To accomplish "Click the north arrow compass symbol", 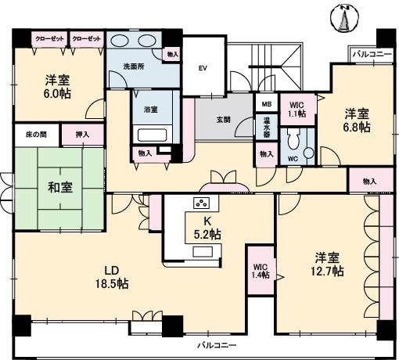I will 341,19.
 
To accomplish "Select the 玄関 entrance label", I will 224,119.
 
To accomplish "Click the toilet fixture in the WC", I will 294,142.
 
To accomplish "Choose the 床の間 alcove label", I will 36,135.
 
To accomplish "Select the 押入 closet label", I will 82,135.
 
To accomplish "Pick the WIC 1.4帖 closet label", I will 260,271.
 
